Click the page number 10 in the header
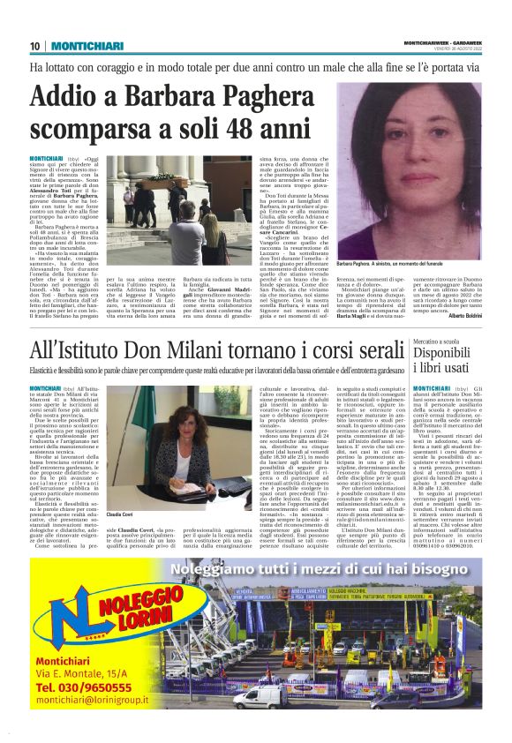(x=35, y=46)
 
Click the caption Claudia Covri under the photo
(x=120, y=514)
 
